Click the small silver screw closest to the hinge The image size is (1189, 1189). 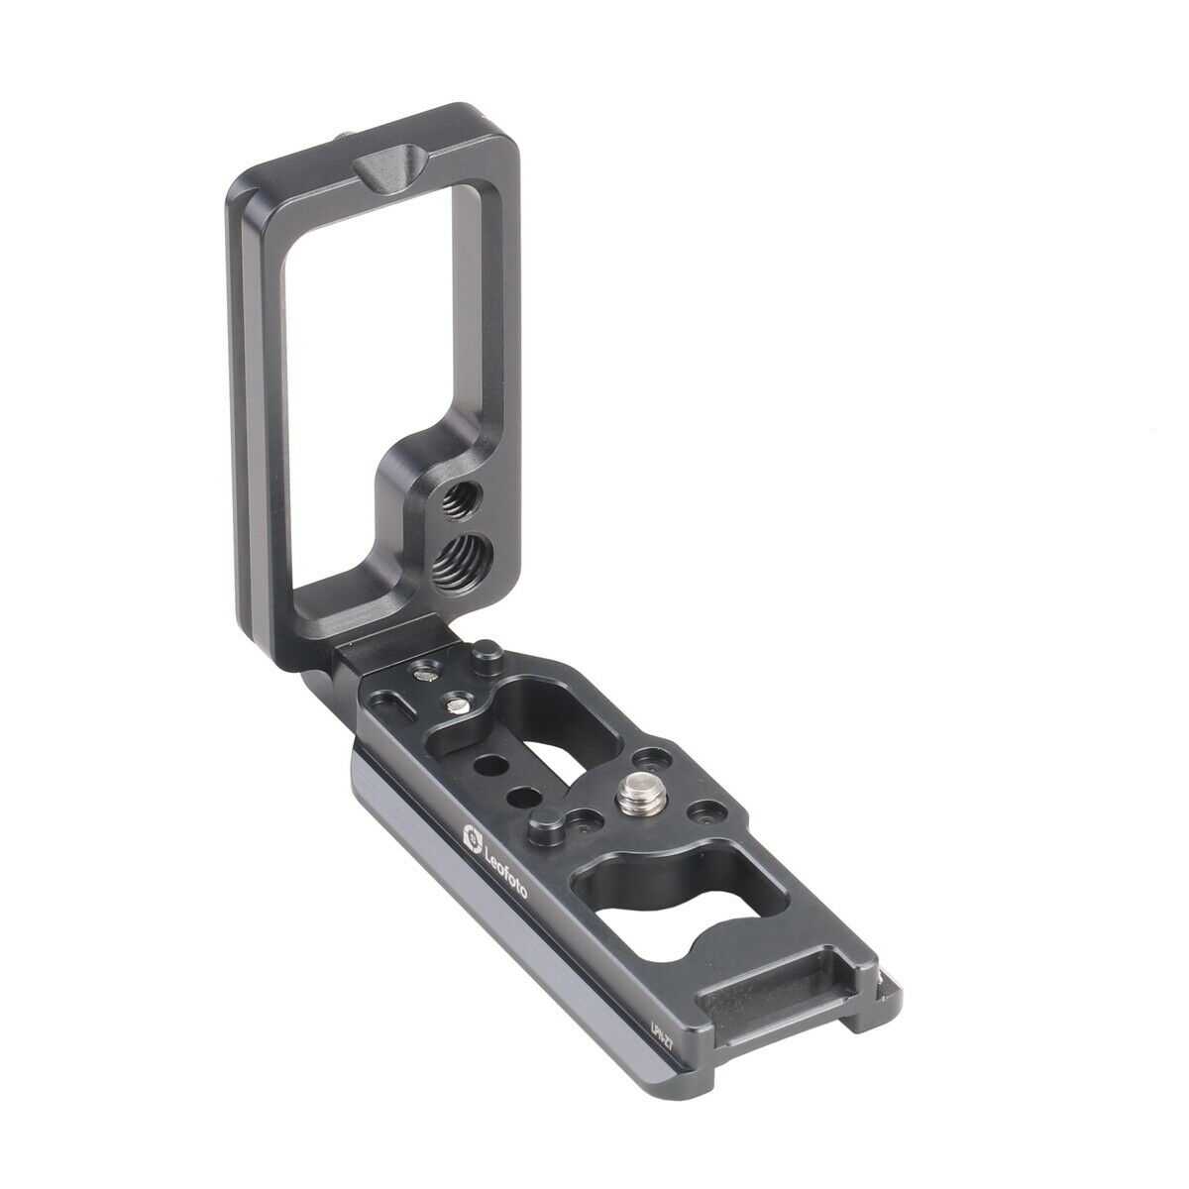[423, 674]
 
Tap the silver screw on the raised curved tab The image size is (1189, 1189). [456, 704]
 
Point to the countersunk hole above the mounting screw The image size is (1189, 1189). [650, 761]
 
